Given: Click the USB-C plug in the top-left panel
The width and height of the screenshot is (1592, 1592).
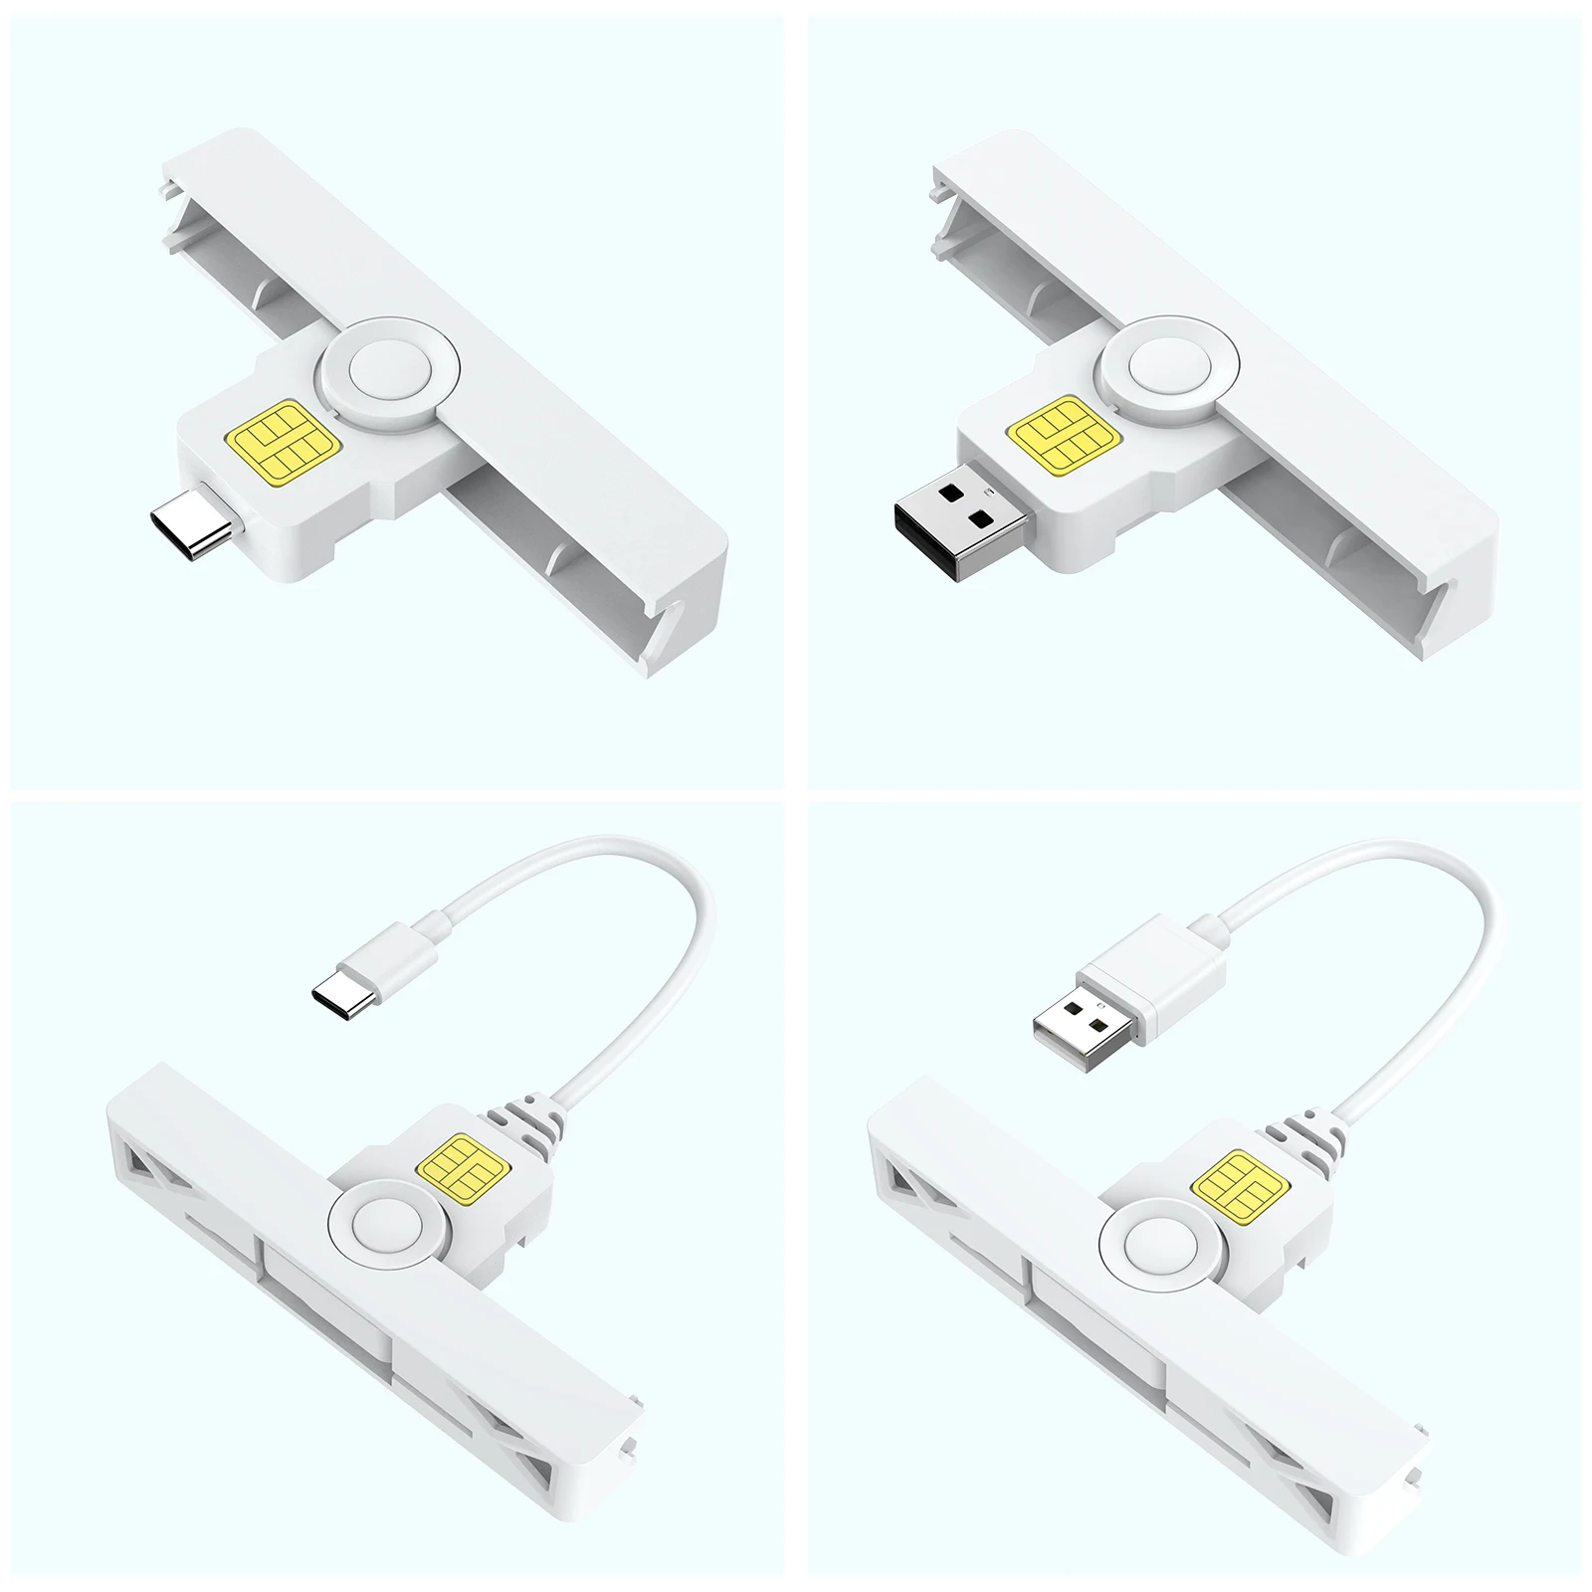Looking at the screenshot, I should [x=191, y=521].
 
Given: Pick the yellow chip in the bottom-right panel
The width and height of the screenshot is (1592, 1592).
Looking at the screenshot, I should [x=1240, y=1185].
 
